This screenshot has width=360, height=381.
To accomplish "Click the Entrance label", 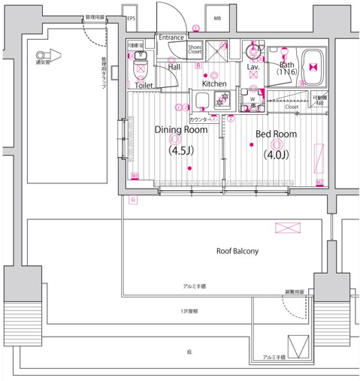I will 171,37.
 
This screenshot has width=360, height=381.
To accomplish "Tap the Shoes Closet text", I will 195,50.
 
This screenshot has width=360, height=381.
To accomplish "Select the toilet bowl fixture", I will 140,71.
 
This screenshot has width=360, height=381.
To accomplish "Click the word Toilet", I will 144,86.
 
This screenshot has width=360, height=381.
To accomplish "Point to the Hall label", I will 174,67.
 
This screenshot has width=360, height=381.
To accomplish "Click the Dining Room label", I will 180,130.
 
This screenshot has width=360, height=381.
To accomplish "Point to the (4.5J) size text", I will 180,150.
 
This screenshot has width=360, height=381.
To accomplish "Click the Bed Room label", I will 276,135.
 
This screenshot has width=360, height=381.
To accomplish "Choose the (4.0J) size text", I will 276,155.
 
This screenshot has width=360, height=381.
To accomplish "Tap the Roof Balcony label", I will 237,251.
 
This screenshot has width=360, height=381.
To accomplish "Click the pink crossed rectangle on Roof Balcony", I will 287,228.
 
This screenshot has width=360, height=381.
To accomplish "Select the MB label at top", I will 217,18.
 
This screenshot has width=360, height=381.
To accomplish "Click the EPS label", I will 132,18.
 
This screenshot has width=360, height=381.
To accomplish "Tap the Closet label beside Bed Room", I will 292,107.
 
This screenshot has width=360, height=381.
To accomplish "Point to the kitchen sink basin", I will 202,100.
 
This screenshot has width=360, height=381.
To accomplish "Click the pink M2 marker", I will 319,183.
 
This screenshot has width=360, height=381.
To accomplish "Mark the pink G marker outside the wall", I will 132,199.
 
